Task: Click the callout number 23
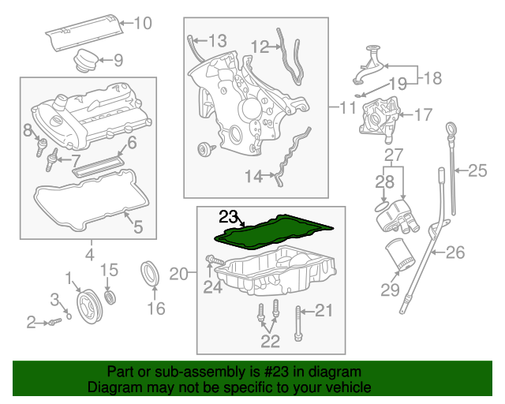tap(228, 215)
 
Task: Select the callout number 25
tap(479, 169)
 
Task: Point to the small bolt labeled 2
tap(50, 322)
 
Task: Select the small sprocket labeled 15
tap(110, 297)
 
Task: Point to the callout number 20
tap(179, 274)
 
